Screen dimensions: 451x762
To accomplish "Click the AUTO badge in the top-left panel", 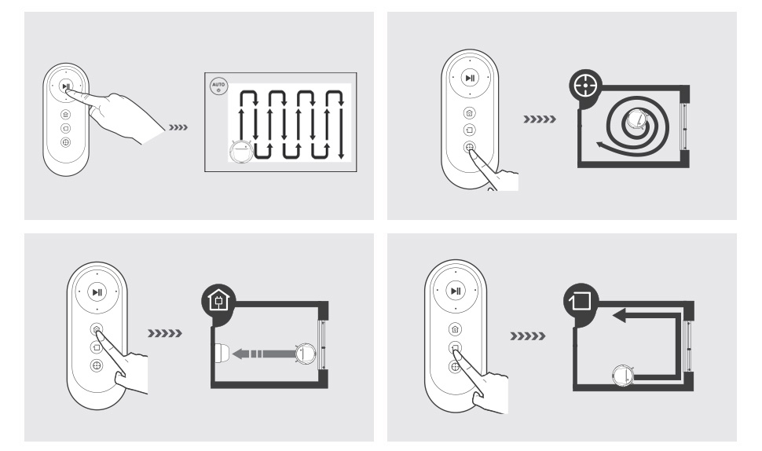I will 218,87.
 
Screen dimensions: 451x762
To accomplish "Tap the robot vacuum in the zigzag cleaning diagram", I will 240,152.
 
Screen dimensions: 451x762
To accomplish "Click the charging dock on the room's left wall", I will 221,354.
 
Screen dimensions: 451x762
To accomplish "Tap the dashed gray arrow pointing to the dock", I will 265,354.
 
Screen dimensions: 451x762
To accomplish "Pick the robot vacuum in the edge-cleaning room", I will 622,376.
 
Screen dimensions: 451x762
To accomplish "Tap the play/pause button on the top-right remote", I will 470,78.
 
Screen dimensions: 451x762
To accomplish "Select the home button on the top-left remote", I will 66,113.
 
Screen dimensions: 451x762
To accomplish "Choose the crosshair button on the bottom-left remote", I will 96,365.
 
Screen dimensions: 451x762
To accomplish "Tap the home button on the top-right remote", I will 470,112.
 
